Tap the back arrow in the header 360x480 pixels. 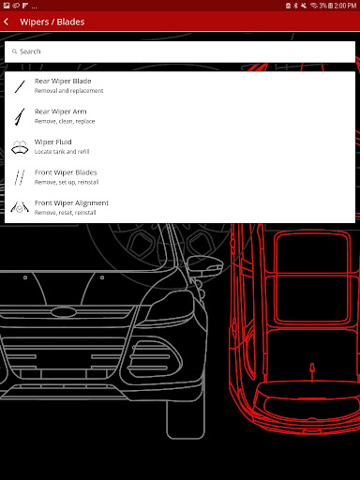pyautogui.click(x=7, y=22)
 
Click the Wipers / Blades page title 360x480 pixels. pyautogui.click(x=52, y=22)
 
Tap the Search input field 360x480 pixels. pyautogui.click(x=180, y=52)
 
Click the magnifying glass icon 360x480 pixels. pyautogui.click(x=14, y=52)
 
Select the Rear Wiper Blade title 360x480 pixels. pyautogui.click(x=63, y=81)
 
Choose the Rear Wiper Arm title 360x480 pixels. pyautogui.click(x=61, y=112)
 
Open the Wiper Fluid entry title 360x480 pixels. pyautogui.click(x=53, y=142)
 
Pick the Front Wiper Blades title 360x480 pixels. pyautogui.click(x=66, y=172)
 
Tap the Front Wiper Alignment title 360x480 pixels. pyautogui.click(x=71, y=203)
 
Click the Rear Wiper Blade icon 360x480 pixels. pyautogui.click(x=20, y=86)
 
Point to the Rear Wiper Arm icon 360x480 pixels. pyautogui.click(x=20, y=116)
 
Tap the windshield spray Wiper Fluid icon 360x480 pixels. pyautogui.click(x=20, y=147)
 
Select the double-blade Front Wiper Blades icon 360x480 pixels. pyautogui.click(x=20, y=177)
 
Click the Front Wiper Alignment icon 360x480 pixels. pyautogui.click(x=20, y=207)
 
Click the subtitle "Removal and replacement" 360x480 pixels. pyautogui.click(x=68, y=91)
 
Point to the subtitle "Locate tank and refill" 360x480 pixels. pyautogui.click(x=62, y=152)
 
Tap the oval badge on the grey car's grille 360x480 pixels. pyautogui.click(x=64, y=312)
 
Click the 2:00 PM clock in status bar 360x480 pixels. pyautogui.click(x=345, y=6)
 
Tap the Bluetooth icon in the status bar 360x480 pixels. pyautogui.click(x=295, y=6)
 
